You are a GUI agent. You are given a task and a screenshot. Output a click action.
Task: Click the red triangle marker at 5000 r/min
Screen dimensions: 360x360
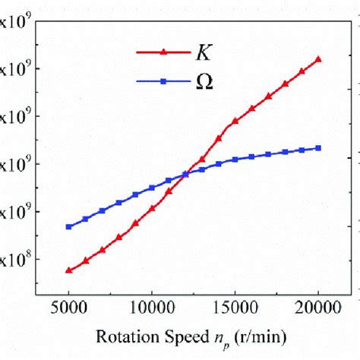pos(68,270)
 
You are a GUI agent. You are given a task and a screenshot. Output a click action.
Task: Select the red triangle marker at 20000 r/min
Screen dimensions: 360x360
pos(318,58)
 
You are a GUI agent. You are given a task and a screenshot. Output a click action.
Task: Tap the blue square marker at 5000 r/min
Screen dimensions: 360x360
pos(68,226)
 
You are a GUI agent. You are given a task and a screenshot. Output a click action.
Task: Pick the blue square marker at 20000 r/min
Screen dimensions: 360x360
pos(318,147)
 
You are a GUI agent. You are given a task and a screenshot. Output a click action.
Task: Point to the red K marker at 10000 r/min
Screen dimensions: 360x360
pos(152,208)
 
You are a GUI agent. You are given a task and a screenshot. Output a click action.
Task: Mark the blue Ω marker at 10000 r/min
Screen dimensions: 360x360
pos(152,188)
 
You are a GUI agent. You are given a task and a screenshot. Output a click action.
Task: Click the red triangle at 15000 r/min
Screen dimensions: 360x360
pos(235,121)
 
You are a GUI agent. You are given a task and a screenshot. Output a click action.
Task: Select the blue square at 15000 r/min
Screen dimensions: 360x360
pos(235,159)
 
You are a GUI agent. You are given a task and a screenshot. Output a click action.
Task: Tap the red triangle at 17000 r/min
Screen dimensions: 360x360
pos(269,96)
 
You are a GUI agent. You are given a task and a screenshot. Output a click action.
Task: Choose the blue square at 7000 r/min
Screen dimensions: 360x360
pos(102,210)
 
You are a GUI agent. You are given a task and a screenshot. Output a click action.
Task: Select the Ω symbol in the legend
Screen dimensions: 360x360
pos(203,82)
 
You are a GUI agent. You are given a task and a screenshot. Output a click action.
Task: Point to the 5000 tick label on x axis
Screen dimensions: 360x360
pos(68,308)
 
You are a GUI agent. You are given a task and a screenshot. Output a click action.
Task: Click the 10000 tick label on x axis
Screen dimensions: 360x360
pos(151,308)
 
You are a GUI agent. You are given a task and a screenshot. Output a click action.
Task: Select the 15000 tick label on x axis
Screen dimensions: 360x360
pos(235,308)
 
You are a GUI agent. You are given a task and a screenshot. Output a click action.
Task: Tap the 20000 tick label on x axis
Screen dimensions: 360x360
pos(318,308)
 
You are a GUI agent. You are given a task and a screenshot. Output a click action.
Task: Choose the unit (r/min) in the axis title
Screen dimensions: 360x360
pos(261,335)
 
